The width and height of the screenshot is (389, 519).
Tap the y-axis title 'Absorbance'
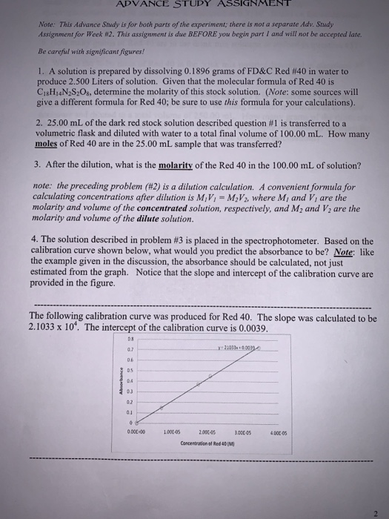pos(121,391)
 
